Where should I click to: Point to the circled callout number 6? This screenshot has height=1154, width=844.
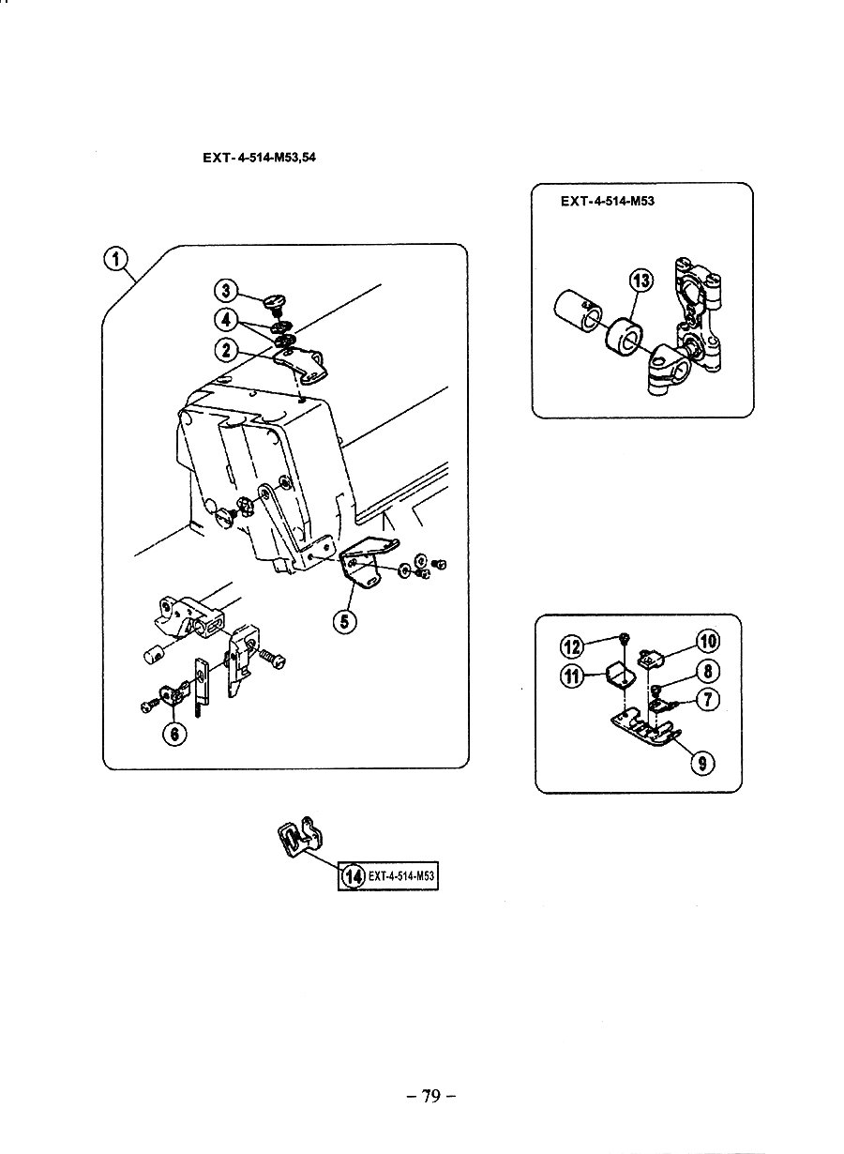point(174,734)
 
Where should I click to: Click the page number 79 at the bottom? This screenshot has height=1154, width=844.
point(430,1096)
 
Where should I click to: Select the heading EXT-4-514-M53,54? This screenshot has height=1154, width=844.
point(259,159)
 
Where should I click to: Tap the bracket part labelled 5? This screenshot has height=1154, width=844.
point(368,562)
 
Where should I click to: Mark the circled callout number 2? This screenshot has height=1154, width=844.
point(226,350)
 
